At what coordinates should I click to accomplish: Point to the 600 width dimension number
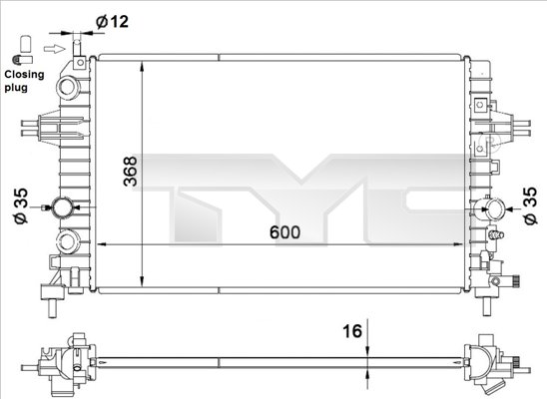(283, 231)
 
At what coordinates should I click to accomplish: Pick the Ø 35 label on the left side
(16, 206)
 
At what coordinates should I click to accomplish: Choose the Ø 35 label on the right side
(529, 206)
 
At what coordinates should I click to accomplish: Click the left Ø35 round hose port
(66, 208)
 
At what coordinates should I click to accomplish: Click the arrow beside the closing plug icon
(62, 46)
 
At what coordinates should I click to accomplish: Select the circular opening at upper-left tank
(71, 87)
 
